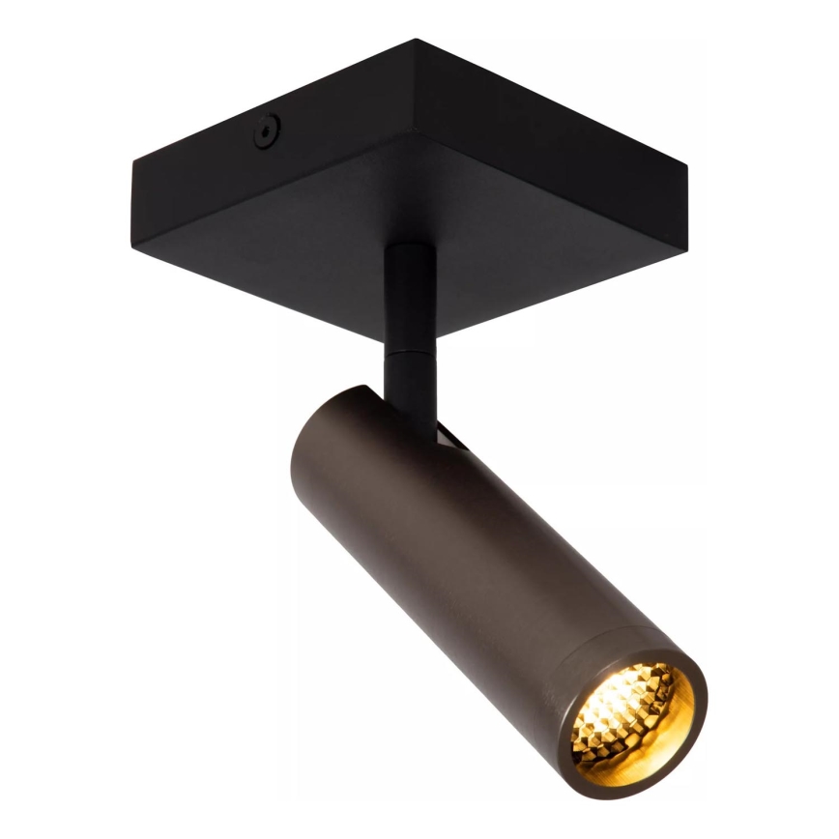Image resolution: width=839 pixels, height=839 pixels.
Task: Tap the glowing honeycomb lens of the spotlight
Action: pos(627,711)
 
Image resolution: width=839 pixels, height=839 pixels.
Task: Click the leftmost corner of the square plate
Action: pos(132,162)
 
